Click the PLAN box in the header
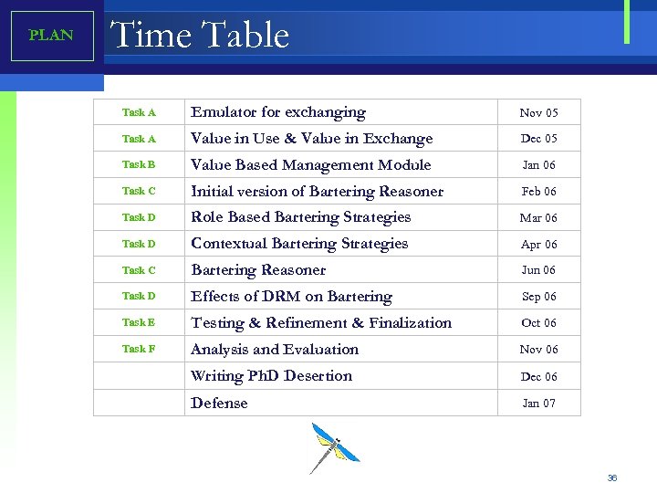click(52, 36)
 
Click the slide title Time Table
click(200, 36)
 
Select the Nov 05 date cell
click(538, 113)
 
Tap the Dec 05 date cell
click(538, 139)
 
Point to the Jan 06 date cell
click(538, 165)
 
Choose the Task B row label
click(139, 165)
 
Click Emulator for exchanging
click(277, 112)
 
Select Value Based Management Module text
click(310, 165)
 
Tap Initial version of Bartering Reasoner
click(317, 192)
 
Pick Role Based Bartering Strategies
click(300, 217)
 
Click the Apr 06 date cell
click(538, 245)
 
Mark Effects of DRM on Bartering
click(291, 297)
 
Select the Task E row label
click(139, 322)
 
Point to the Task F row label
click(139, 349)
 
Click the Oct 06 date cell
click(538, 323)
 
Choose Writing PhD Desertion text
click(271, 376)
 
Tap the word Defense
click(219, 403)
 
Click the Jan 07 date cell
click(538, 404)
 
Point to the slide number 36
click(612, 478)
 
